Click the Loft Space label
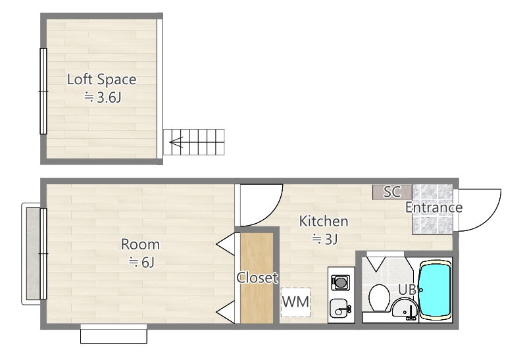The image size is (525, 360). point(101,80)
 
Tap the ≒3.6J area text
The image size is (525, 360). point(104,98)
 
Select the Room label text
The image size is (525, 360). point(140,245)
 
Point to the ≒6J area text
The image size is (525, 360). point(141,262)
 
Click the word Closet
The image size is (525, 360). point(257,278)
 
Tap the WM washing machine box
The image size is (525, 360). point(295,303)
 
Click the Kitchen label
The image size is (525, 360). point(324,221)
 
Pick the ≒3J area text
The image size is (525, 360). point(324,238)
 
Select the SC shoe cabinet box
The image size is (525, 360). point(392,192)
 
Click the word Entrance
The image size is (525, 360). point(434,208)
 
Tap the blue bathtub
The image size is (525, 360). point(436,290)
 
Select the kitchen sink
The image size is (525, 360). point(339,307)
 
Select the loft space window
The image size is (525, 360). point(43,90)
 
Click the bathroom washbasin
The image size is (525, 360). point(404,308)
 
